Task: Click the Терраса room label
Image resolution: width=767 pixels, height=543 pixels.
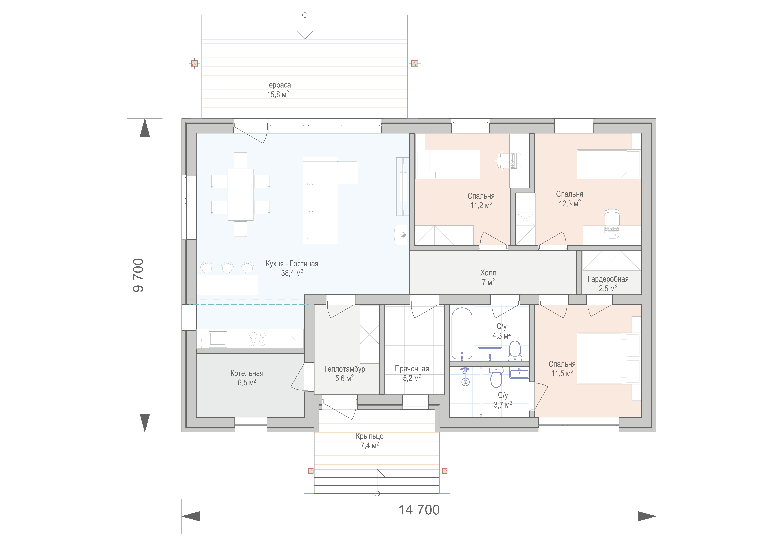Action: (278, 85)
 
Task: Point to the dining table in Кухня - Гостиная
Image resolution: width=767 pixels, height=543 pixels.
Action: (241, 195)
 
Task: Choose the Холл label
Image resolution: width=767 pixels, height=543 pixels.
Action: (488, 273)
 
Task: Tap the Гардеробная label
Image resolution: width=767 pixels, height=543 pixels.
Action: (608, 279)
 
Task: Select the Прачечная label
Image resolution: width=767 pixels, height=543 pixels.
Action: (412, 369)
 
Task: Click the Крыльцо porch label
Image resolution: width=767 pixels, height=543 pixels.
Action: (369, 436)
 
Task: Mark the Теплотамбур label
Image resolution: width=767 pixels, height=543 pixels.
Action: (344, 369)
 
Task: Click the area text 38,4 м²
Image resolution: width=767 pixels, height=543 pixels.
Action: (292, 273)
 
